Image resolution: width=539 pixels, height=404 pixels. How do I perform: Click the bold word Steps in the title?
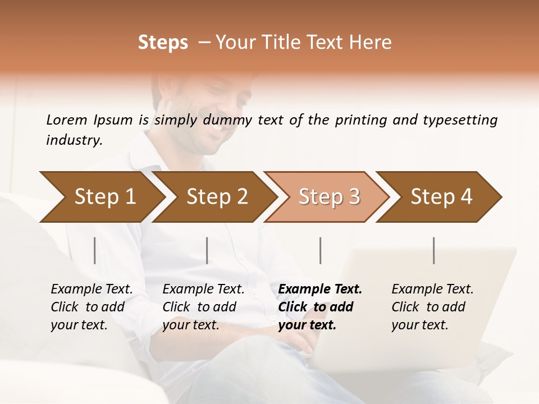(163, 43)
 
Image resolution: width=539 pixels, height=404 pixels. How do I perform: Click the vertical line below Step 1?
(95, 250)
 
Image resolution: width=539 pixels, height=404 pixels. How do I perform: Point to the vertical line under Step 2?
(207, 250)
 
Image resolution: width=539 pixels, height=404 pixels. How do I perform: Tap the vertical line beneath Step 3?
(321, 250)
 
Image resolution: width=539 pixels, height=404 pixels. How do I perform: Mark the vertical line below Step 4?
(434, 250)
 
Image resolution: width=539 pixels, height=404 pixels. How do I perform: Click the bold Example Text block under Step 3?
(320, 307)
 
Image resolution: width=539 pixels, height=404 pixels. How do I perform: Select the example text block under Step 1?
(92, 307)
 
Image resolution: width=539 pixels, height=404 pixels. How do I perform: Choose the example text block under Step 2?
(203, 307)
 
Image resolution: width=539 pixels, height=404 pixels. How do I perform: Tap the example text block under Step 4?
(432, 307)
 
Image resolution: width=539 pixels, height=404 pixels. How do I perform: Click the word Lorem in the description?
(67, 120)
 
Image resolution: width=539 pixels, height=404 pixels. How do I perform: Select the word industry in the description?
(74, 140)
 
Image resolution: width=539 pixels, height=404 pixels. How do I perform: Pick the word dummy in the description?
(229, 120)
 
